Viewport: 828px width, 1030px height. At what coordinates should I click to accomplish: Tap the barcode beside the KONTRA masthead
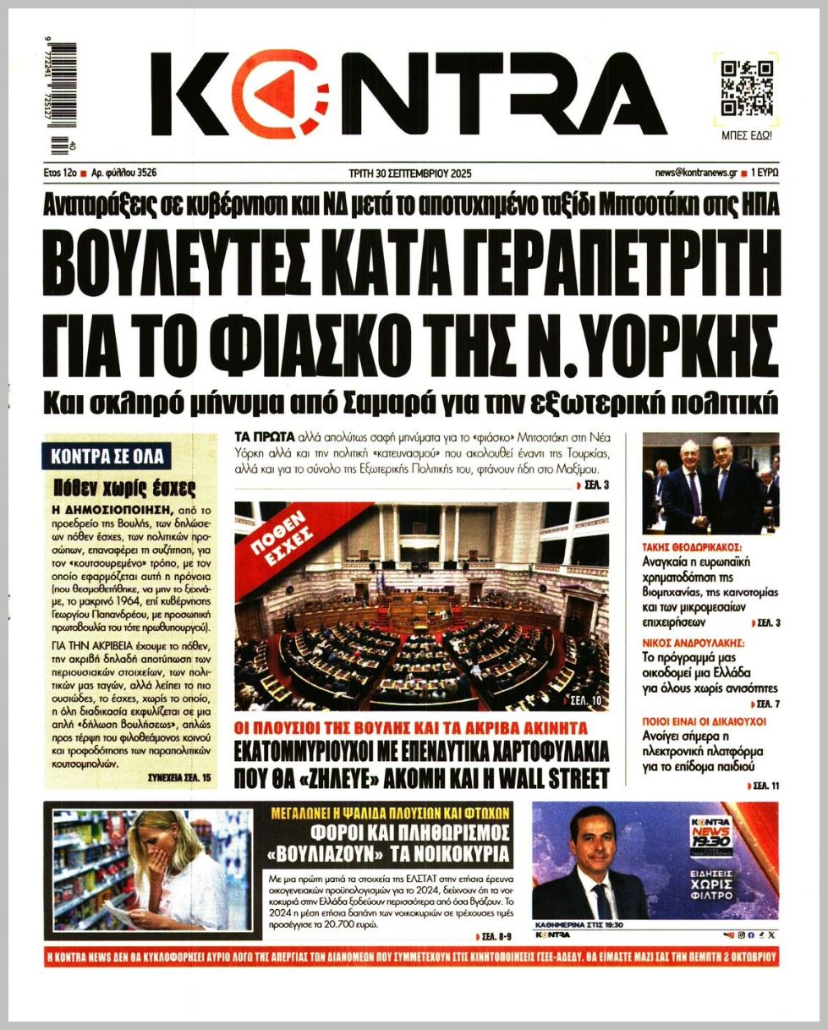click(x=63, y=99)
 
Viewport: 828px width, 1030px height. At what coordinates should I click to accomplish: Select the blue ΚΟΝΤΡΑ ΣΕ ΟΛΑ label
click(x=106, y=457)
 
